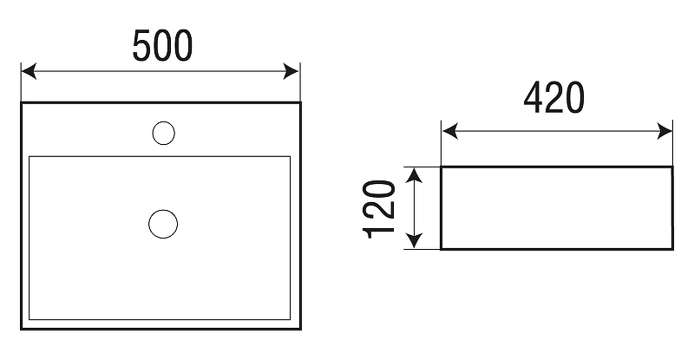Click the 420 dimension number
point(553,101)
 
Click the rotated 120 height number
point(380,209)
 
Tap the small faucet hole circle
point(163,133)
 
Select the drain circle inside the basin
point(163,223)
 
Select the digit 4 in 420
point(534,101)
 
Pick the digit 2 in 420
point(554,101)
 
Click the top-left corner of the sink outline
point(22,103)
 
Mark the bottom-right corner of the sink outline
point(300,329)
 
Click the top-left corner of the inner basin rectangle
point(30,157)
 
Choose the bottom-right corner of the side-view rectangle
point(672,249)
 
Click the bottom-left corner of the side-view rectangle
point(442,249)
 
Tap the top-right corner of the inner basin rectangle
point(290,157)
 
